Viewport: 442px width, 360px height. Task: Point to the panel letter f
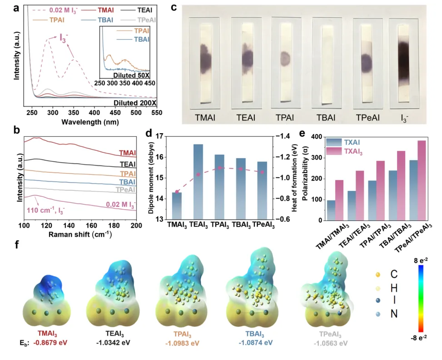[17, 246]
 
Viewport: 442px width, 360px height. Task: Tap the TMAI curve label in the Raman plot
[127, 153]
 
